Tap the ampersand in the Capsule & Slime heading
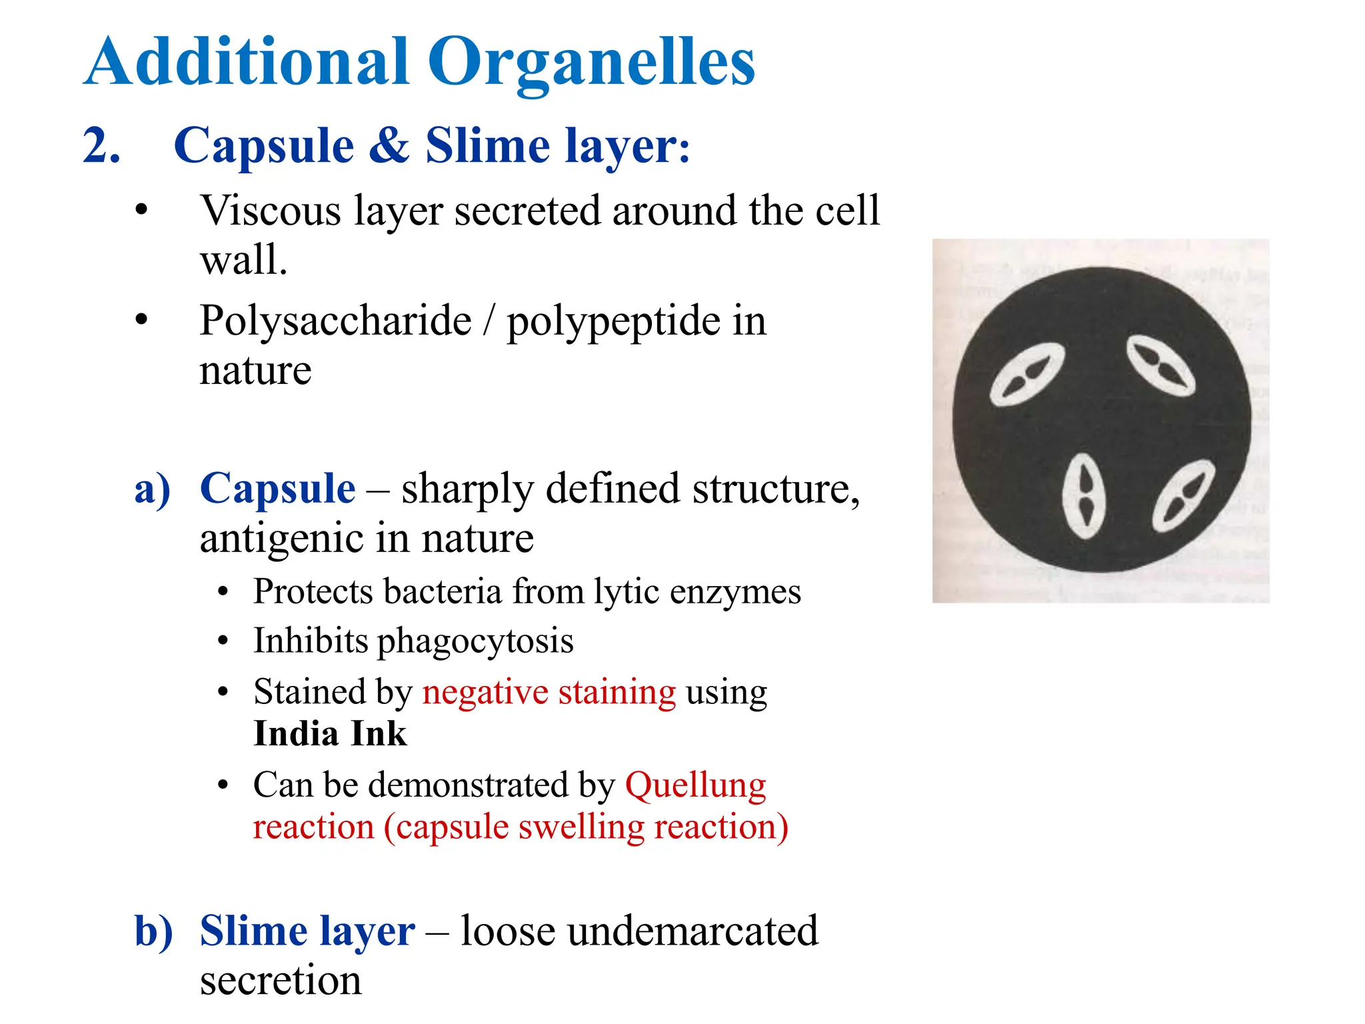pyautogui.click(x=389, y=145)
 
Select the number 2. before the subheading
pyautogui.click(x=101, y=145)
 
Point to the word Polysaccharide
pyautogui.click(x=335, y=321)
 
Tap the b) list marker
pyautogui.click(x=153, y=931)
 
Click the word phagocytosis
pyautogui.click(x=475, y=642)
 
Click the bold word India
pyautogui.click(x=297, y=735)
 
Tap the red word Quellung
pyautogui.click(x=695, y=785)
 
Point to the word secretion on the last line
pyautogui.click(x=281, y=980)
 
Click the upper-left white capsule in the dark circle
pyautogui.click(x=1026, y=374)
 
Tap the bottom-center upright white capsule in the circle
pyautogui.click(x=1084, y=497)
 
